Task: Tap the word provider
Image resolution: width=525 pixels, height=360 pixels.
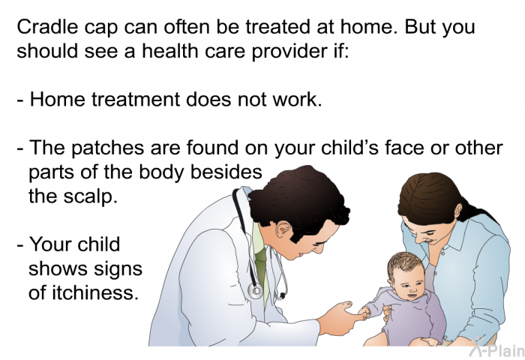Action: coord(289,52)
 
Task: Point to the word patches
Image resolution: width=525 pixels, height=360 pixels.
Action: coord(108,148)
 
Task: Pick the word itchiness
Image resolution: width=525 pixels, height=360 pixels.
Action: coord(94,292)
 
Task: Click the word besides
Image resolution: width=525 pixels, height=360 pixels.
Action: coord(226,172)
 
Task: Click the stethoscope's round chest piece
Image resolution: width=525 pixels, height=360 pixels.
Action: coord(256,291)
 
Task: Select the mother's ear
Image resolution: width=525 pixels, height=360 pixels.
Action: coord(458,210)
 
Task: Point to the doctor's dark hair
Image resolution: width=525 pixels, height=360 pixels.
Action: coord(298,197)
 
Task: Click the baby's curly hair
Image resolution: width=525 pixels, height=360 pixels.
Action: coord(403,262)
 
